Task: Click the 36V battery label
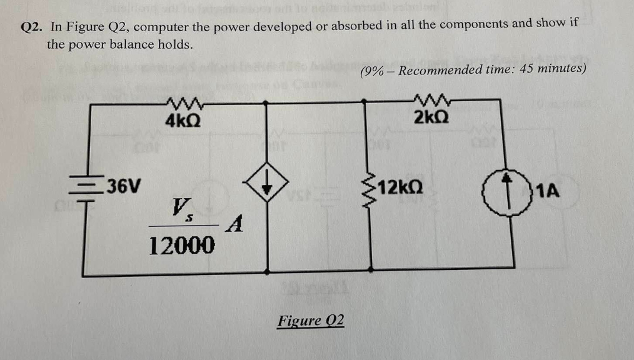(x=124, y=186)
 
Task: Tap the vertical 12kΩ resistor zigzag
(x=376, y=186)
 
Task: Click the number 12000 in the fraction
(x=182, y=245)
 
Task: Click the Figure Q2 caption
(x=311, y=321)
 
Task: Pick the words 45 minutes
(x=553, y=68)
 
